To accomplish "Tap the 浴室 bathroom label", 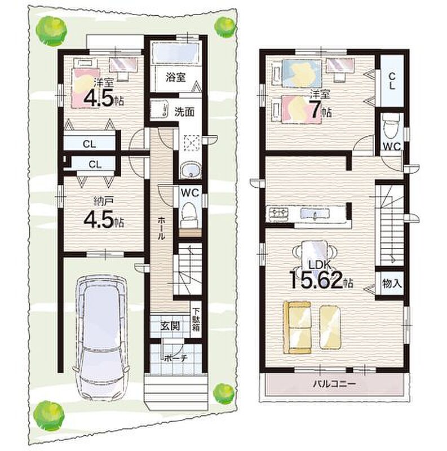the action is [x=175, y=77].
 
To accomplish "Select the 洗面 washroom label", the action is [x=184, y=112].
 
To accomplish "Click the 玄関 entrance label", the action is [x=170, y=326].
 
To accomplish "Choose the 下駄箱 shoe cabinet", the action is [x=196, y=319].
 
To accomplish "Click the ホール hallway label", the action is [x=161, y=228].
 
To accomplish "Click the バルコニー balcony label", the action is [x=334, y=384].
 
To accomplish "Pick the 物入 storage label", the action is [x=392, y=284].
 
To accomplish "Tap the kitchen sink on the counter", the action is [x=315, y=214].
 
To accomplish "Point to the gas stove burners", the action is [x=278, y=214].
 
